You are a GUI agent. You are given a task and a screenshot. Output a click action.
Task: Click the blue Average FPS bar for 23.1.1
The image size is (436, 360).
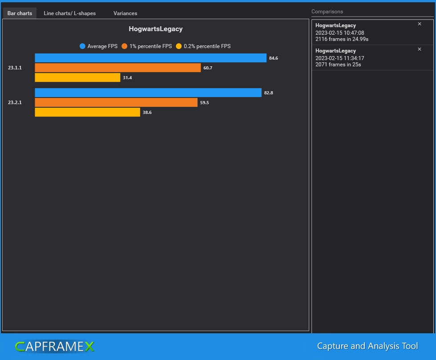click(x=150, y=58)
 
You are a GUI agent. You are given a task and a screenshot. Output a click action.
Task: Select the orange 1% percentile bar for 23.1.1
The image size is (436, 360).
click(x=118, y=68)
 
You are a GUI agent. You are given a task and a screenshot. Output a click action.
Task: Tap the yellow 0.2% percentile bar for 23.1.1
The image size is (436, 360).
click(x=77, y=77)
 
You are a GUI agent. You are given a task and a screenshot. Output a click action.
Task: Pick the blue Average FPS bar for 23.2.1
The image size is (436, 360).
click(x=148, y=93)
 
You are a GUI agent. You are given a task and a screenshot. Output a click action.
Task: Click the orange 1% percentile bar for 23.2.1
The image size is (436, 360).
click(x=116, y=102)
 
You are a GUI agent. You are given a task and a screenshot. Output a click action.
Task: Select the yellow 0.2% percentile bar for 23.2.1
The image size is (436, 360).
click(x=87, y=112)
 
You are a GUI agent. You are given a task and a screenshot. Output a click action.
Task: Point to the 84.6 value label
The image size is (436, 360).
click(x=274, y=58)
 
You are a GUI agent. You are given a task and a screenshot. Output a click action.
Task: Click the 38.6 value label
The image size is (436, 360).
click(x=147, y=113)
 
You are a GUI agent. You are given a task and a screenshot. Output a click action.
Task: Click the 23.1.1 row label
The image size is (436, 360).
click(x=15, y=68)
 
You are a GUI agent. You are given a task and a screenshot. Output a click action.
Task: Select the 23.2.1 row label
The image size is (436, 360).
click(x=15, y=102)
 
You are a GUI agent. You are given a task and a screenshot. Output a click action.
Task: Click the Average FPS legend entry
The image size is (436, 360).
click(x=98, y=46)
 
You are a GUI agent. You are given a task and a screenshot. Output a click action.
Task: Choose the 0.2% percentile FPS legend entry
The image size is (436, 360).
click(x=203, y=46)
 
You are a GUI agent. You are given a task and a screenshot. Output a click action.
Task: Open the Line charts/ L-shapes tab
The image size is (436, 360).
click(x=69, y=13)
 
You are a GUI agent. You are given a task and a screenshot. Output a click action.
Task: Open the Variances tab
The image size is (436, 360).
click(x=125, y=13)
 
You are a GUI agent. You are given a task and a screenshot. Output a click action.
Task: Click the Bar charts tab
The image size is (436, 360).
click(x=20, y=13)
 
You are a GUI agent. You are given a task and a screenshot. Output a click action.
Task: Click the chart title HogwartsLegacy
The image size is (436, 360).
click(x=155, y=29)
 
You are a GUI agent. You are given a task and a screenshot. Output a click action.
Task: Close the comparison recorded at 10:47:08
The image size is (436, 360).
click(x=419, y=24)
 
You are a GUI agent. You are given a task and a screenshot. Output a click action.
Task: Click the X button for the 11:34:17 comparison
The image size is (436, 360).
click(x=419, y=49)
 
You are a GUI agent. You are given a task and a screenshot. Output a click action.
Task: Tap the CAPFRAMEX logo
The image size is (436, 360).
click(x=54, y=346)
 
